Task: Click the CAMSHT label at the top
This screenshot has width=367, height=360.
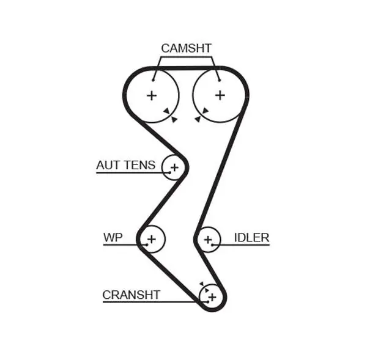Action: (x=187, y=48)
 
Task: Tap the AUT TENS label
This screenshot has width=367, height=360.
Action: (x=125, y=165)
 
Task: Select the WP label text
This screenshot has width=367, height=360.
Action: (x=113, y=237)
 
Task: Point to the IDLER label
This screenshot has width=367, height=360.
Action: (x=251, y=238)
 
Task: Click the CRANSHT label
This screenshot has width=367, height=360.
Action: (x=132, y=295)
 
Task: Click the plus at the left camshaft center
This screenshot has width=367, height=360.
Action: (x=152, y=96)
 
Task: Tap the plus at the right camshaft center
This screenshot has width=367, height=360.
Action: (x=220, y=95)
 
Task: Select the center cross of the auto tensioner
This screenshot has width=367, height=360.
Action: (x=174, y=167)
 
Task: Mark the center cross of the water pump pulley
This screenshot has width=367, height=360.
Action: (x=152, y=239)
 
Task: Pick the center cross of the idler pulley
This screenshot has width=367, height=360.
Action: (x=208, y=240)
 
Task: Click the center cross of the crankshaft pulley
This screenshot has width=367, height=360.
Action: (x=212, y=297)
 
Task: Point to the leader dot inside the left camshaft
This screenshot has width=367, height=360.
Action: (x=153, y=80)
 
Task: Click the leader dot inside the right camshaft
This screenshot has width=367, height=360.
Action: (x=220, y=80)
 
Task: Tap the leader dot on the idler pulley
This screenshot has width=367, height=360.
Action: (x=213, y=245)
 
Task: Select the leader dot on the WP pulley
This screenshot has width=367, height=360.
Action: (x=147, y=244)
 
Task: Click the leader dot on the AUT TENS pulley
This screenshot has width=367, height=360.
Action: (x=169, y=173)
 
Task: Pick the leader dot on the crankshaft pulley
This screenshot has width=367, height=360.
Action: (x=207, y=302)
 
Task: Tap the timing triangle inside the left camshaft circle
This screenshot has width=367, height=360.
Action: (x=167, y=111)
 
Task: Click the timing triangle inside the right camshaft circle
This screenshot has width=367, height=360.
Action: (x=206, y=111)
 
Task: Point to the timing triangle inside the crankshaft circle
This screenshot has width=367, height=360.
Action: (x=207, y=290)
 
